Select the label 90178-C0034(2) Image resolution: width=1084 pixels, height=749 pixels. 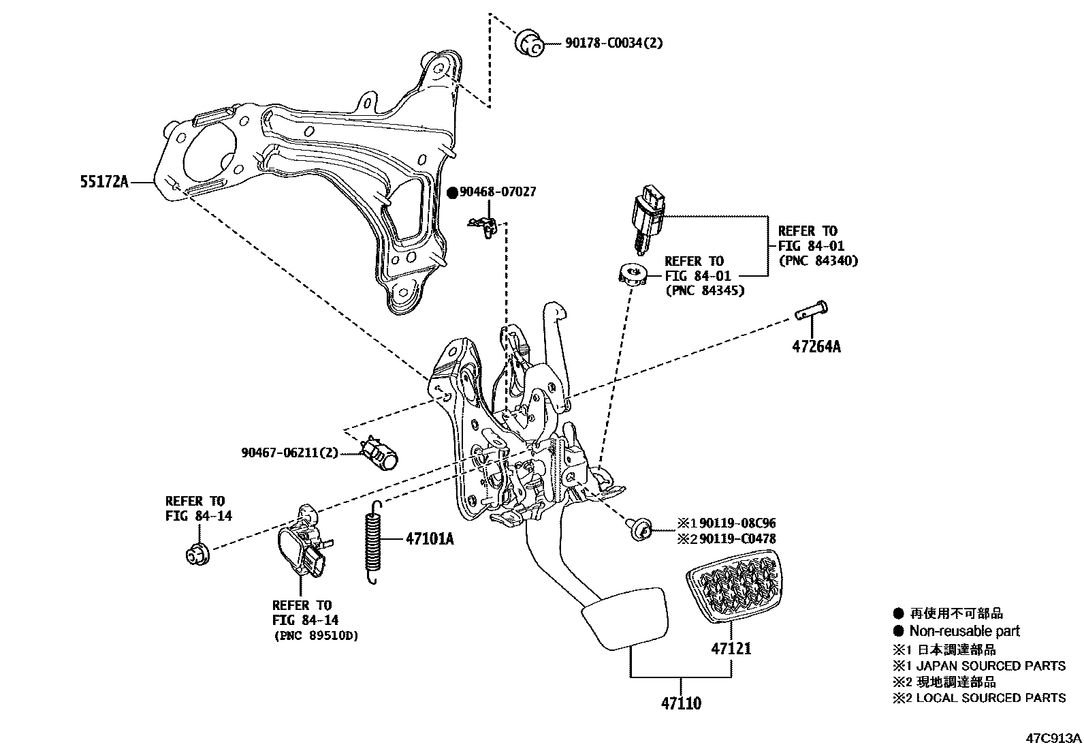pos(613,43)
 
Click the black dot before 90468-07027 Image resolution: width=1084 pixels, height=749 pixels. pos(452,193)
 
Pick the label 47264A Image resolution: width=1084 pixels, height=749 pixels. pos(816,347)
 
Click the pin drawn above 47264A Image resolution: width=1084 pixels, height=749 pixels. pos(810,311)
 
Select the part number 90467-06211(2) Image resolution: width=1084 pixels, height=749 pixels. pos(289,452)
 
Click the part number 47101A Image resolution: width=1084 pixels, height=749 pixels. pos(430,539)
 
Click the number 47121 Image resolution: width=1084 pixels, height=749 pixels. pos(731,648)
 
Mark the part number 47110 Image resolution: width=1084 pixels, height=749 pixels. pos(681,703)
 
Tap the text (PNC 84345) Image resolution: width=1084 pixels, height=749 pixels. pos(704,290)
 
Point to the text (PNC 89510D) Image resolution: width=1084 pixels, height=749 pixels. pos(315,636)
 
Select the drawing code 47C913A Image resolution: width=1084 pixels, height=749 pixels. pos(1054,739)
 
